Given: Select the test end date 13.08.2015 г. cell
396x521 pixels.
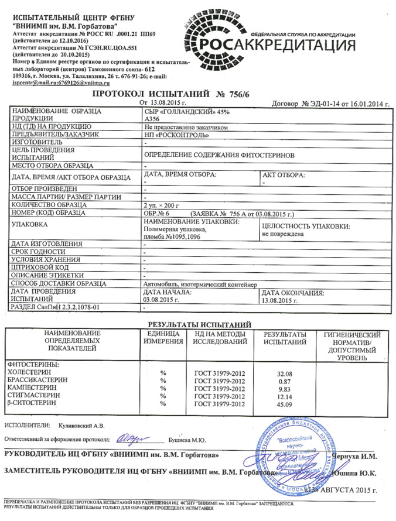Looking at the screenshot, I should [278, 300].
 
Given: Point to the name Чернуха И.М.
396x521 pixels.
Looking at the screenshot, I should [355, 455].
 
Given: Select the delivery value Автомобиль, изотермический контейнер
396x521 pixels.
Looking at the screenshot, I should [198, 284].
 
